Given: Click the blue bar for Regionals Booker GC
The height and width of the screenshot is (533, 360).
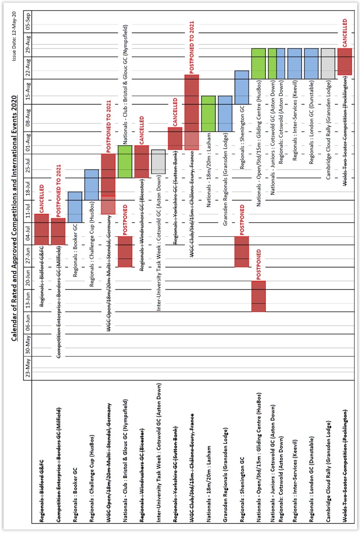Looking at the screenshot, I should tap(75, 207).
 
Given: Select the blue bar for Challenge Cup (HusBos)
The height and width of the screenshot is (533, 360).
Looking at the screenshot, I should tap(91, 185).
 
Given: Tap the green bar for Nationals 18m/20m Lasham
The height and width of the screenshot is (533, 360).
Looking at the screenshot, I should tap(208, 114).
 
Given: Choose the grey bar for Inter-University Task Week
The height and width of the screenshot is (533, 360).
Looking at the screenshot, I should tap(158, 162).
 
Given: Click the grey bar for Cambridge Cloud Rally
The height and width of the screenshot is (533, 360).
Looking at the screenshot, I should tap(328, 63).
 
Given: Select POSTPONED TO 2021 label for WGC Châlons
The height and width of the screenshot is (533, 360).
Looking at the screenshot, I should tap(192, 47).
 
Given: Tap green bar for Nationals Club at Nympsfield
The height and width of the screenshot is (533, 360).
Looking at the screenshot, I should tap(125, 162).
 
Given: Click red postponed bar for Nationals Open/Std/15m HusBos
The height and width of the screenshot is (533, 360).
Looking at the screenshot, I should tap(258, 296).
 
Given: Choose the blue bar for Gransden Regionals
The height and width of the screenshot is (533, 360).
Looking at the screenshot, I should tap(225, 114).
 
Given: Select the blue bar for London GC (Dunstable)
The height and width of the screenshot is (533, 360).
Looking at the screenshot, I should tap(311, 63).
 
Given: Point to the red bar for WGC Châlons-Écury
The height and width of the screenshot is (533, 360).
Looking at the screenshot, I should tap(192, 112).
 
